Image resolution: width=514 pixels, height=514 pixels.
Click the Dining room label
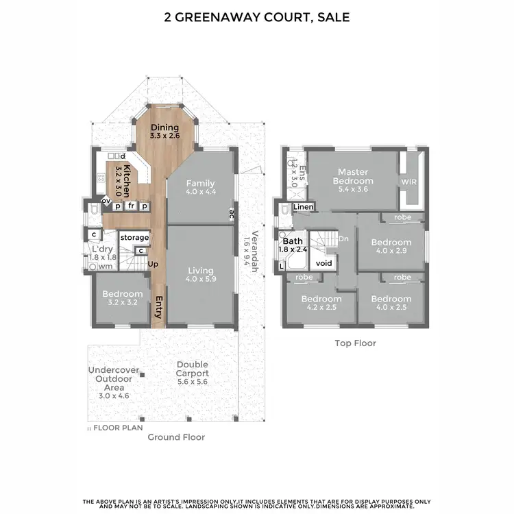pos(164,127)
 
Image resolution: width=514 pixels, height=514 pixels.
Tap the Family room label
pos(200,184)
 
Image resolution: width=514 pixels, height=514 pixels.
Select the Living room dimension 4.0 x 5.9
pos(200,280)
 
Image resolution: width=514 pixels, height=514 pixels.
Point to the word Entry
pos(158,307)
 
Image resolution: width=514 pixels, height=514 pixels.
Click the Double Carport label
pos(193,369)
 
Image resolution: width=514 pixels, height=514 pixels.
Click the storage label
pos(134,237)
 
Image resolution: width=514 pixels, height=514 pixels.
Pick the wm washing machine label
pos(106,266)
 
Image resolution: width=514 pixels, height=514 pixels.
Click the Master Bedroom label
pos(353,176)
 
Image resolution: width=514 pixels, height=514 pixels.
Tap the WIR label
pos(408,182)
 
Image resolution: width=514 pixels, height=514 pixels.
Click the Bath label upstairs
pos(293,241)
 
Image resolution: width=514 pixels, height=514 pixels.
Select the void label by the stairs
pos(323,263)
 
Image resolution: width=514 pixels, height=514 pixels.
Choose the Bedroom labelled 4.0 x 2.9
pos(391,243)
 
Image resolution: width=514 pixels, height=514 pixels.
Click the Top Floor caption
pos(355,343)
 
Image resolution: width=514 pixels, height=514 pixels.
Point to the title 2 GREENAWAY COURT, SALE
pos(256,17)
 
